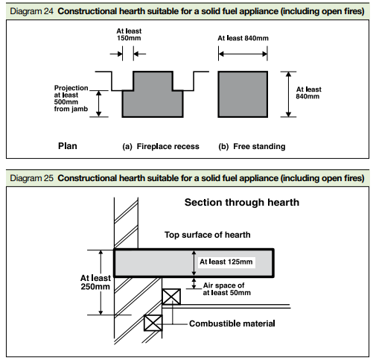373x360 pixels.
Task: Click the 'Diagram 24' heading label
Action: (x=31, y=11)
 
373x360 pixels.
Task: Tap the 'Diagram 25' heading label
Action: (x=31, y=178)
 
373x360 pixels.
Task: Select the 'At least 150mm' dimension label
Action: (x=129, y=34)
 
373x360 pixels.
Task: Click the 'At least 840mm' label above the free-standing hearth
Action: (x=243, y=38)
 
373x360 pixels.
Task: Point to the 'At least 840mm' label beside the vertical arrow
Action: (x=308, y=92)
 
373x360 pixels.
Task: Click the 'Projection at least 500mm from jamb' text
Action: (x=71, y=98)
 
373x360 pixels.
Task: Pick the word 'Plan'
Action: (x=68, y=146)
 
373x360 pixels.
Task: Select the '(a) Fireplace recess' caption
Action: (x=161, y=146)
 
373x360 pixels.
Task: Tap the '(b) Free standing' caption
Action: (x=252, y=146)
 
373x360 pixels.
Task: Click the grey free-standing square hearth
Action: (x=243, y=94)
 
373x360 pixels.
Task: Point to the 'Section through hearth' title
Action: (x=242, y=203)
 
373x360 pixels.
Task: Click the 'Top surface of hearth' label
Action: (x=208, y=235)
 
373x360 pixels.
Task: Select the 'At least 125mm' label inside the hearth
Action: (x=226, y=262)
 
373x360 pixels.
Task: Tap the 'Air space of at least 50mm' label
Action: (x=226, y=289)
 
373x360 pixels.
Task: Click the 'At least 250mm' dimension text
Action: (x=95, y=282)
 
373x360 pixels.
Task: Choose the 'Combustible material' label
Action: (x=232, y=323)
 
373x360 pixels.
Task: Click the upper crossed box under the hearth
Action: (x=171, y=297)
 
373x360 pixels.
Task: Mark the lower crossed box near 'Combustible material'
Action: (x=153, y=323)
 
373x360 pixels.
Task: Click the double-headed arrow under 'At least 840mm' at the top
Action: (x=243, y=54)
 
